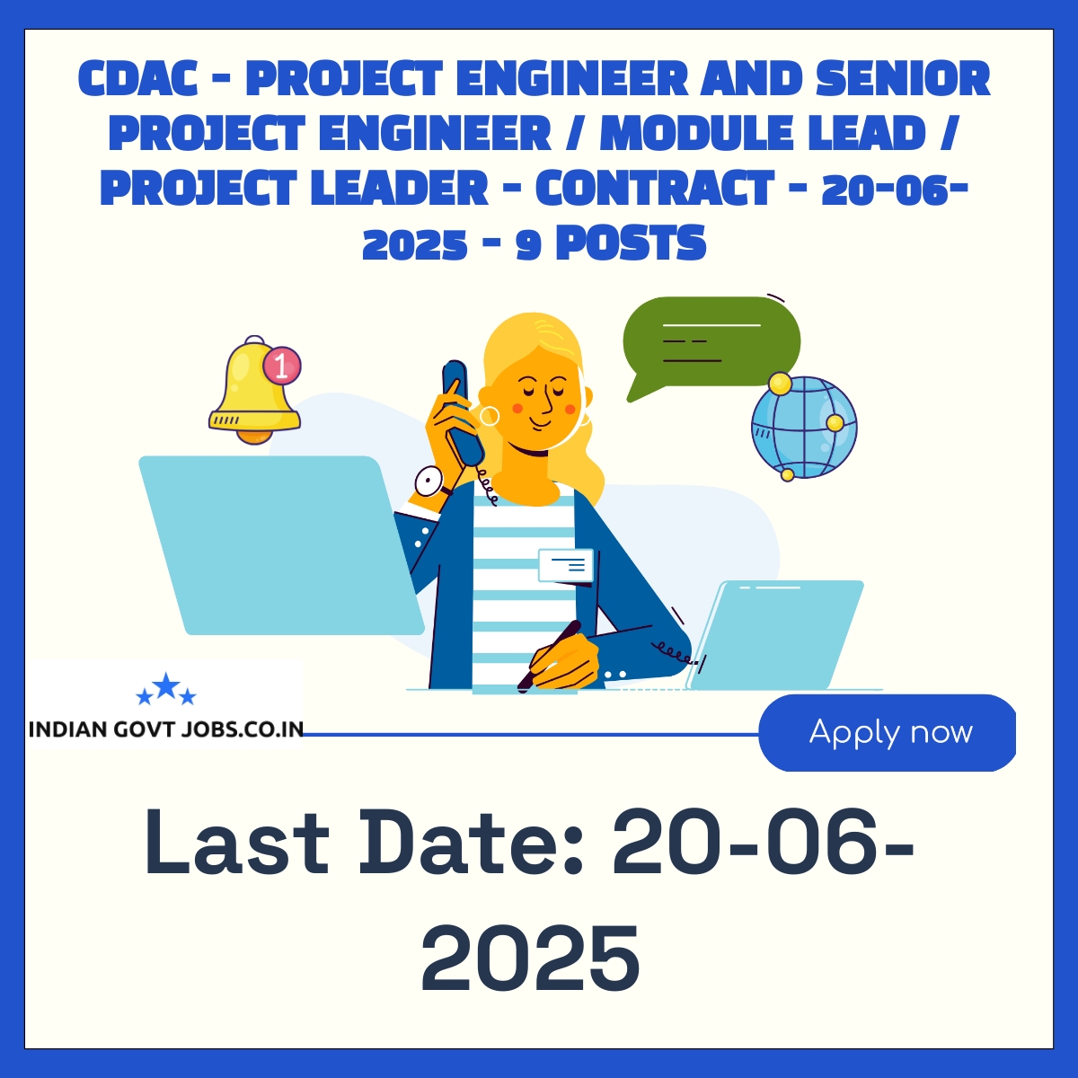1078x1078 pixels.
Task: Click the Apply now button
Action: [x=887, y=732]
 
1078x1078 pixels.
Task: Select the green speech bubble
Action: [x=711, y=344]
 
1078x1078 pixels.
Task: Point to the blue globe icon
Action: [x=804, y=428]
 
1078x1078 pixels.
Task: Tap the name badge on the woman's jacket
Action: [x=566, y=566]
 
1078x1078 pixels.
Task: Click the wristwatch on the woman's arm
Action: [x=429, y=482]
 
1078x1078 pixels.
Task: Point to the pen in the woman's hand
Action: [x=550, y=655]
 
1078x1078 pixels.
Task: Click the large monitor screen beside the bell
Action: [x=279, y=545]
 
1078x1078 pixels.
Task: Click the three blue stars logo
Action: [x=166, y=688]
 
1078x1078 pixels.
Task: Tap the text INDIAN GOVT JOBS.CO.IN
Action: [x=165, y=729]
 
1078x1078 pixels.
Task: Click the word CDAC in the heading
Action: [x=137, y=79]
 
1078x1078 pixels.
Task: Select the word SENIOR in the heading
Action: [x=903, y=79]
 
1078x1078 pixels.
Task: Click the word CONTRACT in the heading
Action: [x=655, y=188]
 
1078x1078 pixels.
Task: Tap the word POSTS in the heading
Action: [x=632, y=243]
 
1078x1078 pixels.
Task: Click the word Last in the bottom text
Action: [x=237, y=843]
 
